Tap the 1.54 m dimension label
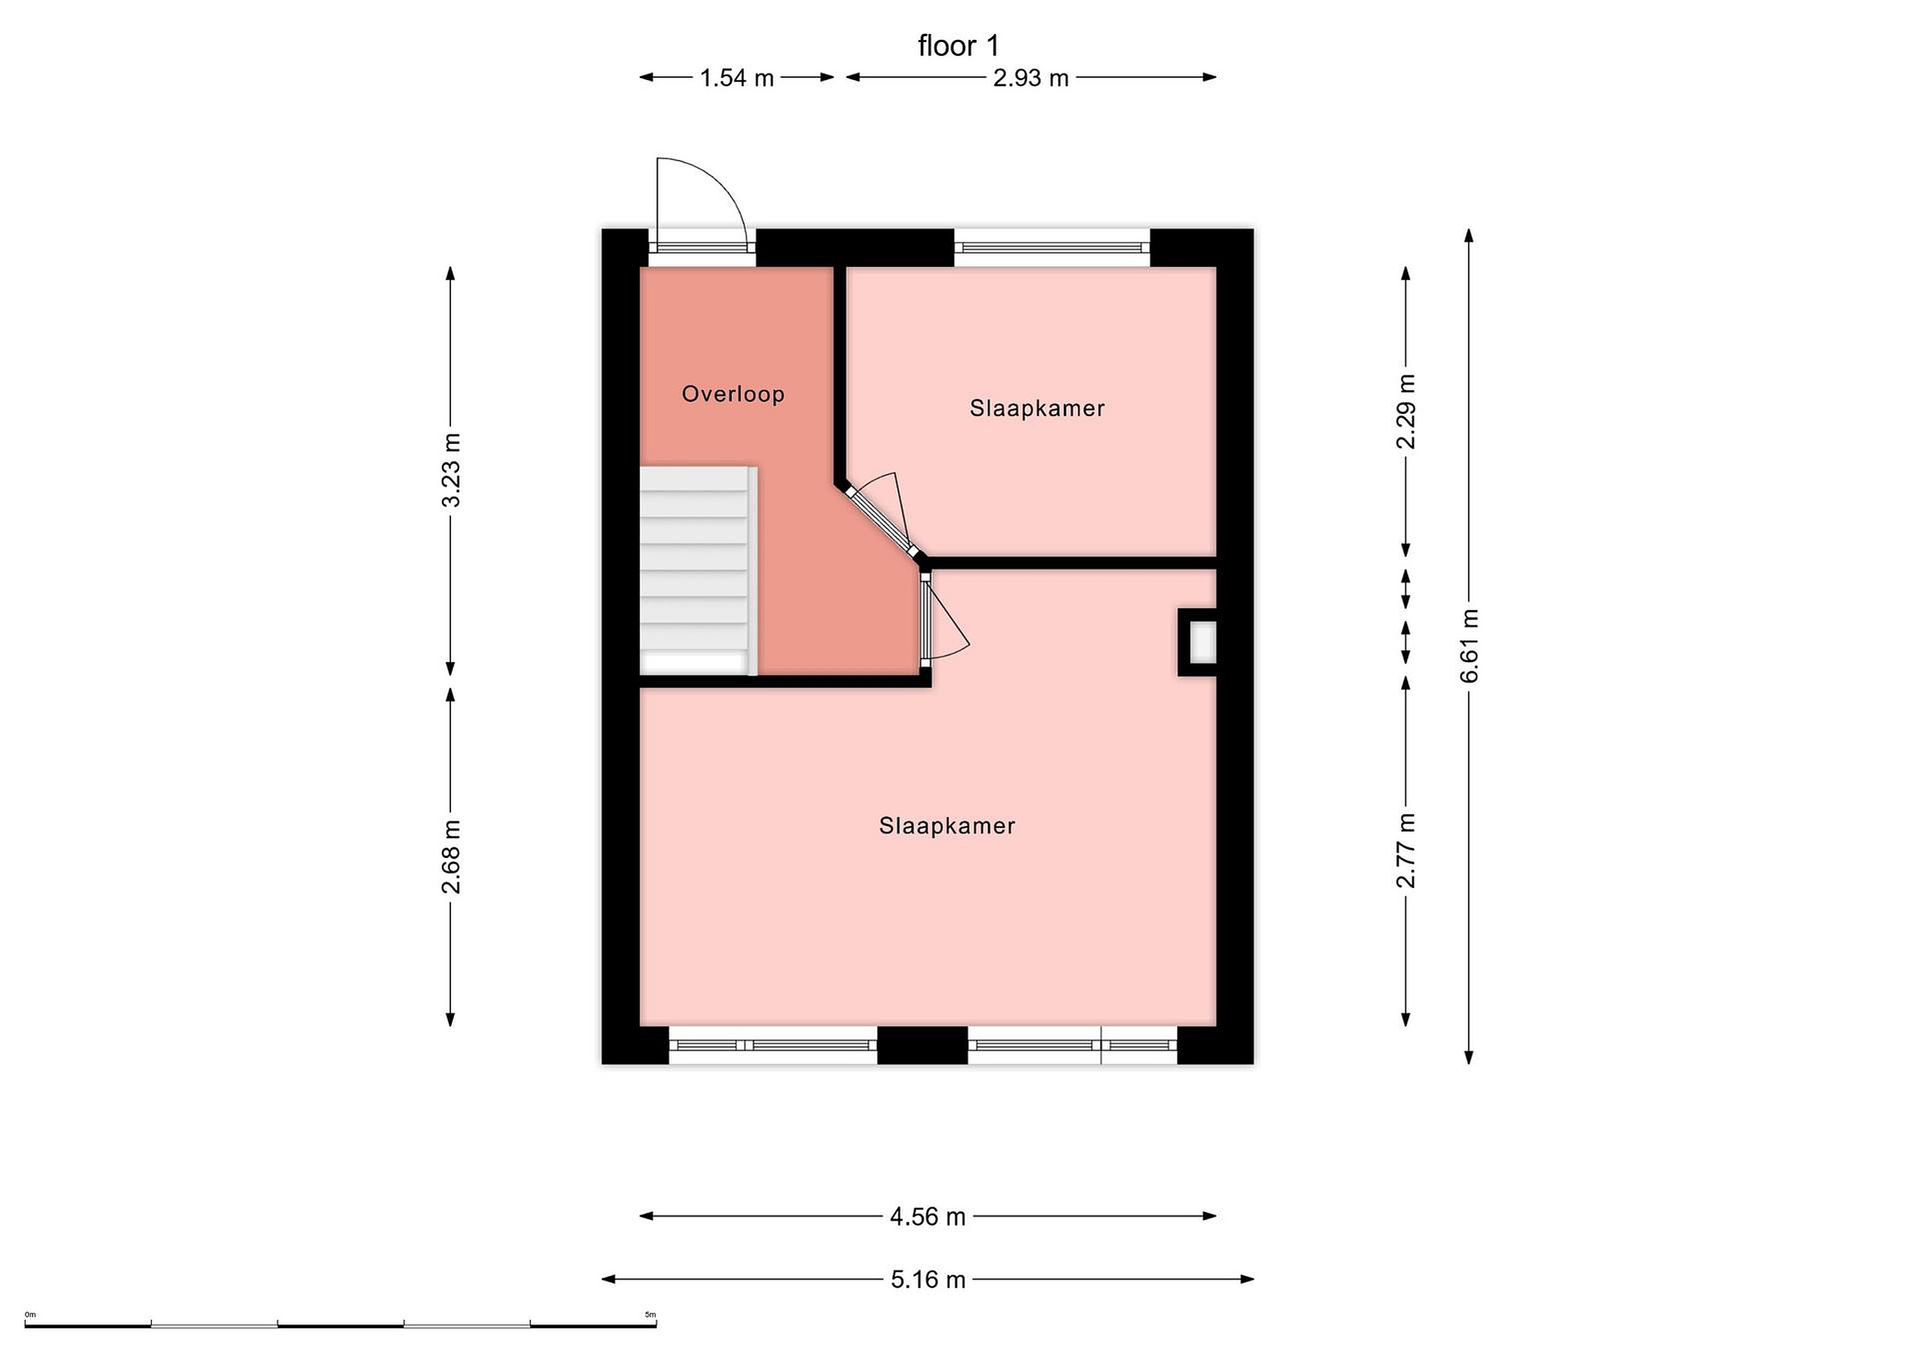point(736,78)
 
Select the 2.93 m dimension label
point(1031,78)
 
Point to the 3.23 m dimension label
point(451,470)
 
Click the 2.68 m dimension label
point(451,856)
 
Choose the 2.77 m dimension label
point(1407,849)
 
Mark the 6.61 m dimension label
point(1470,645)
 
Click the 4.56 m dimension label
point(928,1217)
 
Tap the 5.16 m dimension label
point(928,1279)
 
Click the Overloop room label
point(733,394)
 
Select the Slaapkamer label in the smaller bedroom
point(1037,408)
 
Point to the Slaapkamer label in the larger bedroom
point(947,826)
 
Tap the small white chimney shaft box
point(1203,642)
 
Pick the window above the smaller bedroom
point(1051,247)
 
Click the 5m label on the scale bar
point(650,1315)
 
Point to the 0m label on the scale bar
point(31,1315)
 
